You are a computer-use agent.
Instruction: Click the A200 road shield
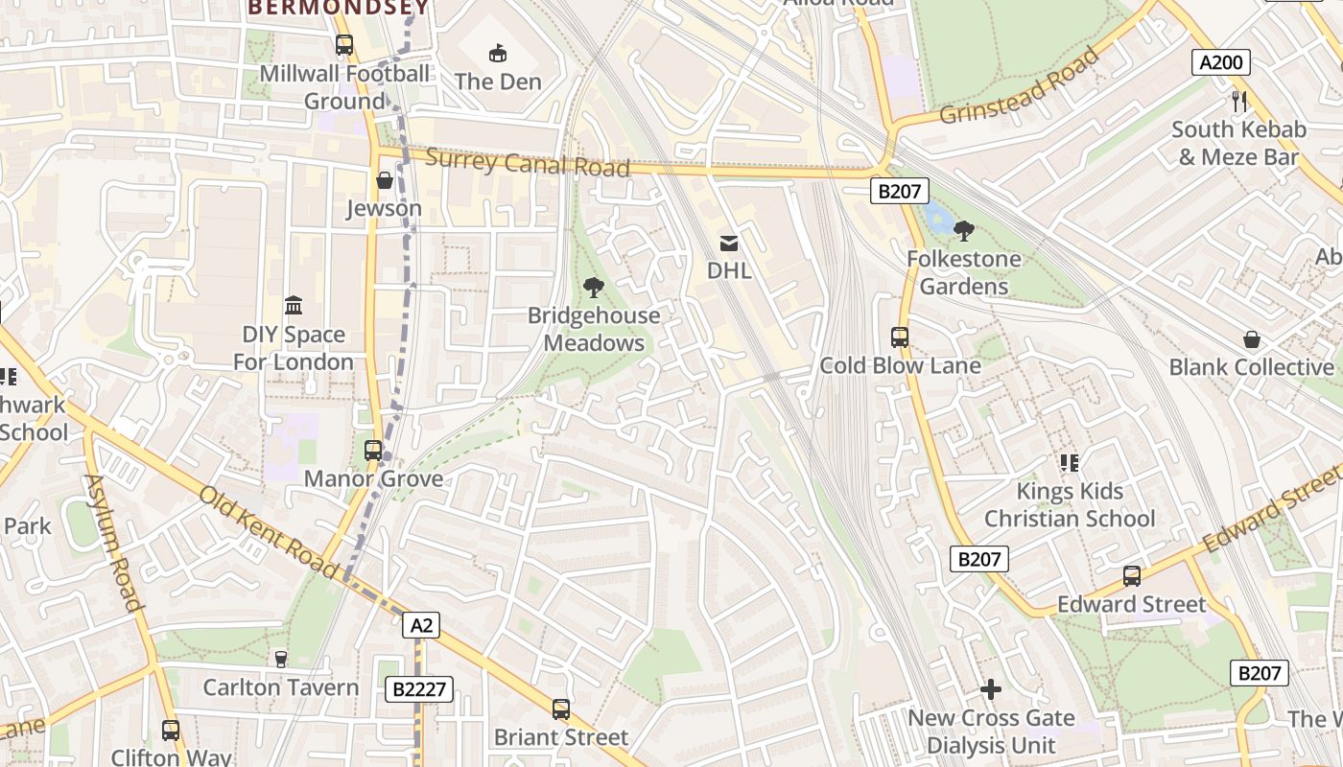1221,63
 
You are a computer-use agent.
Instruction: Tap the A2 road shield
422,626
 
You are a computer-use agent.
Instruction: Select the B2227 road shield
418,688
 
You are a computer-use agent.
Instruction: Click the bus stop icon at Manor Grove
373,450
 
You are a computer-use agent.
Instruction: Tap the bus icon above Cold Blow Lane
900,337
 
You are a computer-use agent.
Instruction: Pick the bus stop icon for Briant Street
561,709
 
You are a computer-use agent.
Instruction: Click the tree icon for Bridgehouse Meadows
594,287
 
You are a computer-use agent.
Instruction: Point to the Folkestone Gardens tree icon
964,230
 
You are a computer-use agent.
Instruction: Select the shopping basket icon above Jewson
384,180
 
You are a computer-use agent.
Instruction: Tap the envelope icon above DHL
729,244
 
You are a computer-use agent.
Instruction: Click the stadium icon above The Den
498,53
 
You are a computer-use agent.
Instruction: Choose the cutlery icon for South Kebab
1238,101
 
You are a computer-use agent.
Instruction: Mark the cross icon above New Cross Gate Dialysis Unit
991,689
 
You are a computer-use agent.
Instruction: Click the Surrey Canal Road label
527,163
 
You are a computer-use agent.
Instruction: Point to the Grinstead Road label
1019,86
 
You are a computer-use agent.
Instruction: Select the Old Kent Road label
268,532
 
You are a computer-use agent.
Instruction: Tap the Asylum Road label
113,542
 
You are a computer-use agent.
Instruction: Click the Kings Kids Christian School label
1070,504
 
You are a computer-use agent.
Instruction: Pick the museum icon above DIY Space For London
294,306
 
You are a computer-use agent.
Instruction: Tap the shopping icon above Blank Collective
1252,339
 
